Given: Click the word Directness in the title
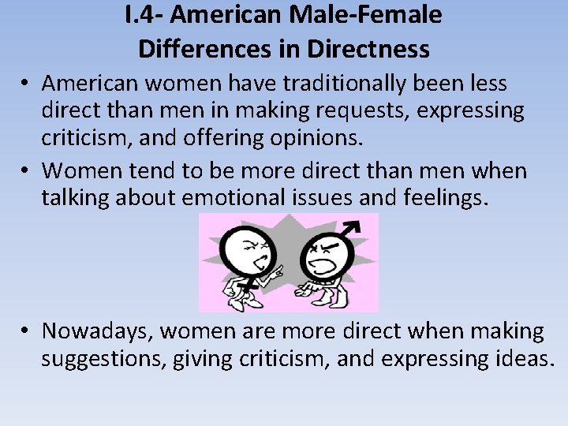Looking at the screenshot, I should [x=368, y=49].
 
